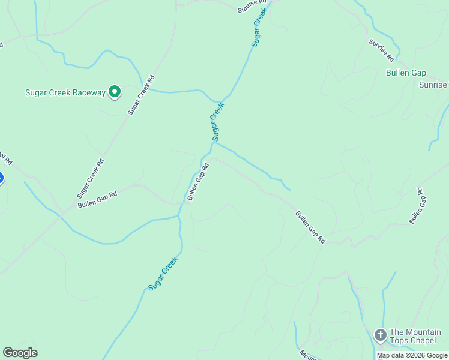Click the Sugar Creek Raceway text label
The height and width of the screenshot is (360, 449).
tap(65, 92)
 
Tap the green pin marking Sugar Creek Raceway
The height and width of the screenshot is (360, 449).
tap(115, 92)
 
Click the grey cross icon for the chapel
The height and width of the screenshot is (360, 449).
tap(379, 335)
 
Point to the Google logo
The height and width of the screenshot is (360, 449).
tap(20, 353)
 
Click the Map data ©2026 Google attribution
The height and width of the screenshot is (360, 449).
tap(412, 355)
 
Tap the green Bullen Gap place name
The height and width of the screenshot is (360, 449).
tap(406, 73)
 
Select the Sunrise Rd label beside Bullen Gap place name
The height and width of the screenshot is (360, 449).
tap(381, 51)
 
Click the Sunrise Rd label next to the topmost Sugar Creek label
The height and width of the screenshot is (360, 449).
tap(252, 6)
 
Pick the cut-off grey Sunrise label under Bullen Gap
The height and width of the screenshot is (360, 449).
tap(433, 85)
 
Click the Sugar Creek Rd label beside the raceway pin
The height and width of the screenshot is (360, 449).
tap(142, 95)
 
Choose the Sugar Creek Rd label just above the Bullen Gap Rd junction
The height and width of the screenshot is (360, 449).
tap(91, 178)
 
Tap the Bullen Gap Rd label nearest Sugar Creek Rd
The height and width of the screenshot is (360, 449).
tap(97, 200)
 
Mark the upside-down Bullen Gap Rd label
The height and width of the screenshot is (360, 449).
tap(417, 206)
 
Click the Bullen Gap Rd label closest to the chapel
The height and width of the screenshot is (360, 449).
tap(310, 227)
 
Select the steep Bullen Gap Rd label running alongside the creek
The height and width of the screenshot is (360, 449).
tap(197, 181)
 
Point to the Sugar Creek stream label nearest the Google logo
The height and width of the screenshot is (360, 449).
tap(163, 274)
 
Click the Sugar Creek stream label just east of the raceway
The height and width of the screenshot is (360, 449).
tap(218, 122)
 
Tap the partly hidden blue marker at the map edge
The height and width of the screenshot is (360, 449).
tap(1, 178)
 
